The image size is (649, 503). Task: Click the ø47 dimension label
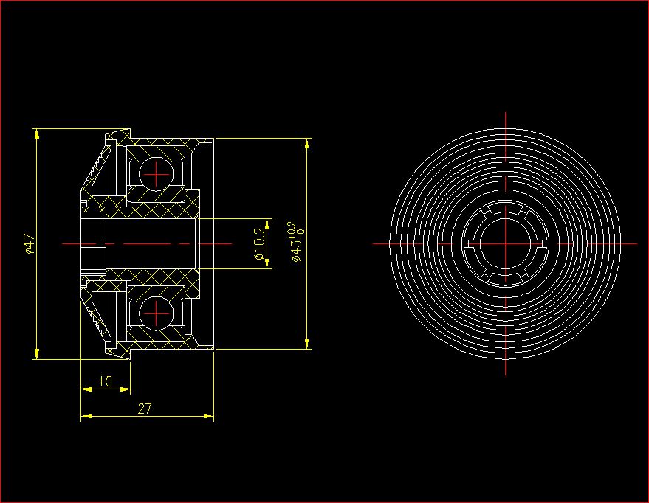[x=30, y=243]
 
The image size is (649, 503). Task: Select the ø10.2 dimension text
[x=260, y=243]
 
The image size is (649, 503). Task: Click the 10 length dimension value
[x=106, y=381]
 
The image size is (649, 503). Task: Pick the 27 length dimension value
[x=145, y=409]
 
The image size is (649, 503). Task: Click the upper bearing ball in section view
[x=156, y=174]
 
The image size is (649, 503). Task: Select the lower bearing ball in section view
[x=156, y=313]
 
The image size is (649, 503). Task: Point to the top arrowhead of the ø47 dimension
[x=37, y=134]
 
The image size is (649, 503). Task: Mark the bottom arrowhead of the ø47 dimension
[x=37, y=354]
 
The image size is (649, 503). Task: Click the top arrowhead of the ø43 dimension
[x=306, y=143]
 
